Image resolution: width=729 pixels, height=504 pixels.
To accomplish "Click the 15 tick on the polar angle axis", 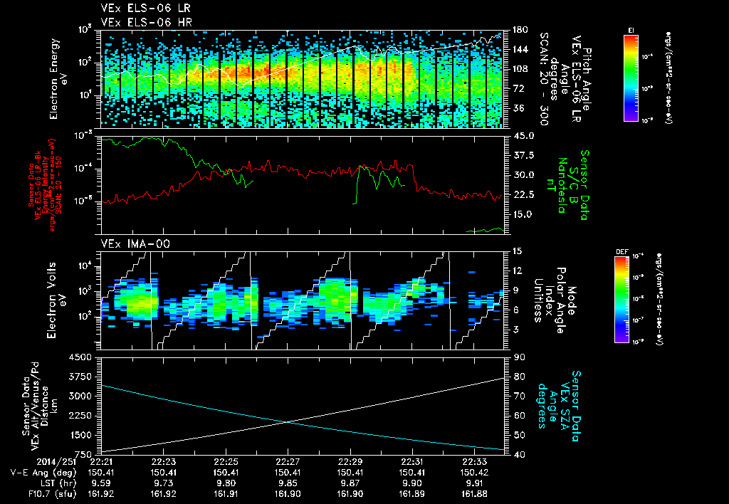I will coord(515,251).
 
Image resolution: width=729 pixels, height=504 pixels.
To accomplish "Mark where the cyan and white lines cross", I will coord(288,421).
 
